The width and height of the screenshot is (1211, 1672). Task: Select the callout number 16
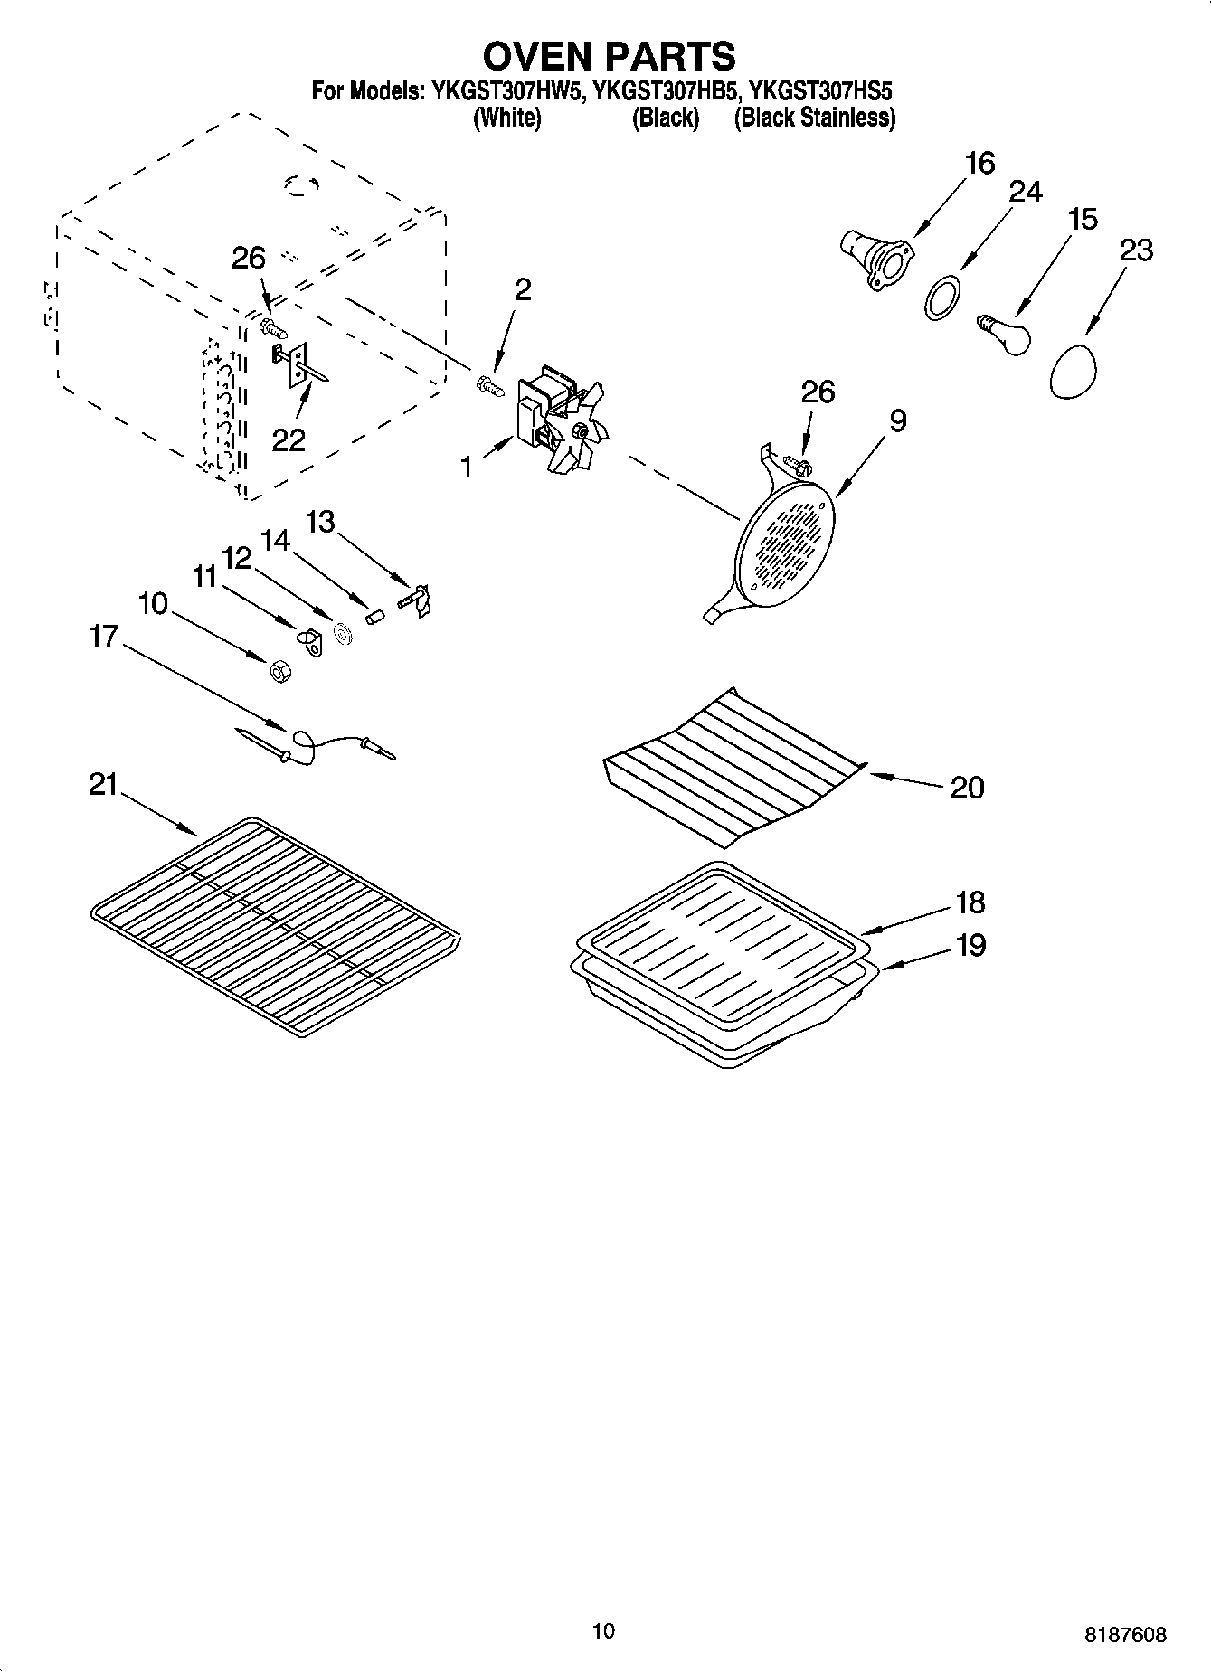[x=979, y=164]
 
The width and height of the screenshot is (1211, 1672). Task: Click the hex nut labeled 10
[x=279, y=671]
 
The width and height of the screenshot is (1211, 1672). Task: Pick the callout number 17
[x=104, y=637]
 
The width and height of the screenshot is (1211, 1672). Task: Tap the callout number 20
[x=967, y=788]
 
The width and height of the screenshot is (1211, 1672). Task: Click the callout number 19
[x=970, y=945]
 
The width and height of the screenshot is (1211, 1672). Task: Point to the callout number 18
[x=970, y=902]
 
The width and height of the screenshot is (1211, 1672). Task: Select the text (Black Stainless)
[x=814, y=118]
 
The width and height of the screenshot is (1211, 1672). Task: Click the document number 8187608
[x=1125, y=1635]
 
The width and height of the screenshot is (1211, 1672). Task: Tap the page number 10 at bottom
[x=604, y=1631]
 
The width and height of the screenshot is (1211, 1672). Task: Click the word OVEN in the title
[x=541, y=56]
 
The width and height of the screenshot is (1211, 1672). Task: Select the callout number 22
[x=289, y=439]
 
